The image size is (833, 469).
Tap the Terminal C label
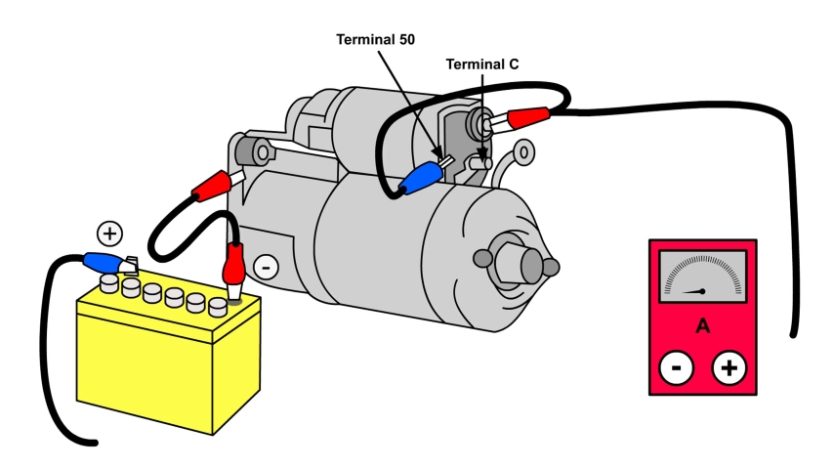[482, 64]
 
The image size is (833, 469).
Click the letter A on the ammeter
[702, 325]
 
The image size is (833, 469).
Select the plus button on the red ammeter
[729, 368]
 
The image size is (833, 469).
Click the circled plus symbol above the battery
[110, 234]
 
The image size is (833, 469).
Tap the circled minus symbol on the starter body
[266, 266]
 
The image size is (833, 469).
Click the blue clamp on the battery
[103, 262]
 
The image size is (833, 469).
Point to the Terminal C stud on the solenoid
[479, 163]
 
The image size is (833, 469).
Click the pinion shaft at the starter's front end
[528, 263]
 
